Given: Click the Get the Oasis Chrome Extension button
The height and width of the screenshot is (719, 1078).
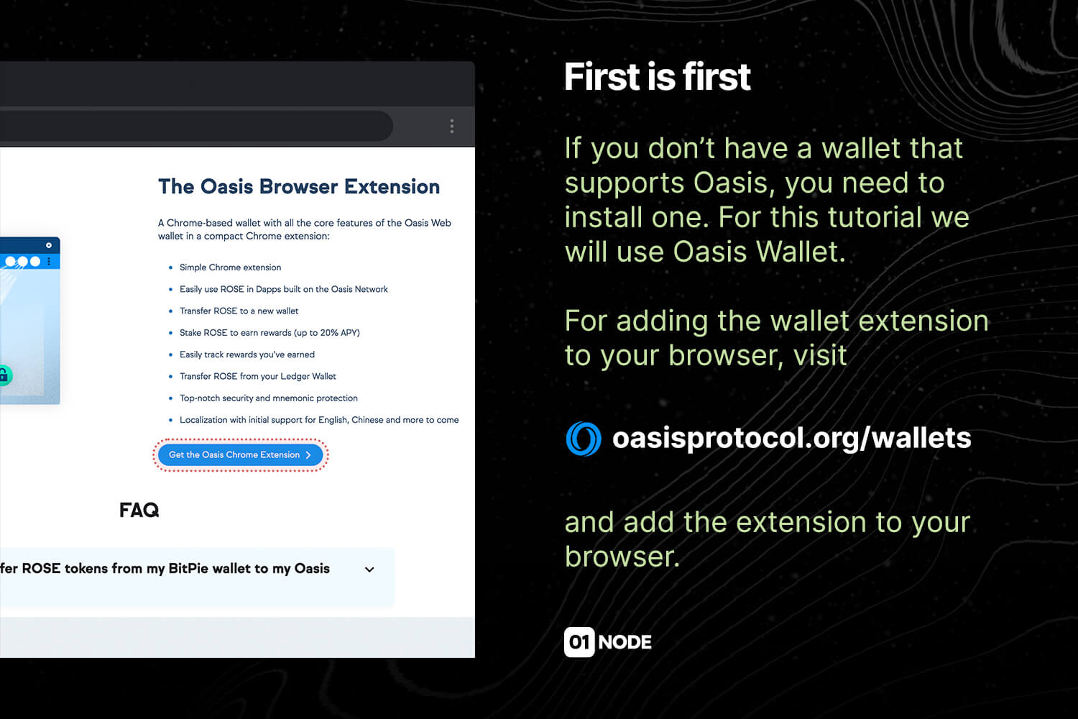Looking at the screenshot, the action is point(240,455).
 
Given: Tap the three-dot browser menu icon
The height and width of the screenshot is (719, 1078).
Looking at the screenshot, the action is point(452,126).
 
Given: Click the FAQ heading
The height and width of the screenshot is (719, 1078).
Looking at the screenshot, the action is point(139,510).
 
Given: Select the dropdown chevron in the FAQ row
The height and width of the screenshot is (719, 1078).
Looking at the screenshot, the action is point(369,569).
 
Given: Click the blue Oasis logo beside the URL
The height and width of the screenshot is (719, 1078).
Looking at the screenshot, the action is point(584,439).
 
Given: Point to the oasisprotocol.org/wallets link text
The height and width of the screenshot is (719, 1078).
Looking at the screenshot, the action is point(792,439).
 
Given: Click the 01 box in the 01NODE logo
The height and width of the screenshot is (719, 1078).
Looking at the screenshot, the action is point(579,642).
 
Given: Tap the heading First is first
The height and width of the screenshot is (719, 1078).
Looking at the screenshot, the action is point(658,76).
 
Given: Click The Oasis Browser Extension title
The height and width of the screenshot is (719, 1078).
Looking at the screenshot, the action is point(299,187).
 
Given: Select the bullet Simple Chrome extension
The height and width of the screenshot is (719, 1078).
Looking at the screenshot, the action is point(230,267).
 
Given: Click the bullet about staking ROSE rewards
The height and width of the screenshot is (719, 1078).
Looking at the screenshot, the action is point(269,333).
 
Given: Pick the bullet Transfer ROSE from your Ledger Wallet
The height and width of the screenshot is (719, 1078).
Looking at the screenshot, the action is point(258,376).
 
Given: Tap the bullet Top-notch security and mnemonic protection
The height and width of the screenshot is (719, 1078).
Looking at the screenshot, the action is point(269,398).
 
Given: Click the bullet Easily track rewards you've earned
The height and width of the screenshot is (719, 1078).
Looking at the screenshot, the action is point(247,354).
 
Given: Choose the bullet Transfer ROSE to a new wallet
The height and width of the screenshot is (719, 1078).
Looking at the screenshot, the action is point(239,311).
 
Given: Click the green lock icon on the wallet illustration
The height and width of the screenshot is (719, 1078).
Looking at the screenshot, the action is point(4,375).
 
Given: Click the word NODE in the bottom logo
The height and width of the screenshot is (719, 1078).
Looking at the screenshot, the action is point(625,643).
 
